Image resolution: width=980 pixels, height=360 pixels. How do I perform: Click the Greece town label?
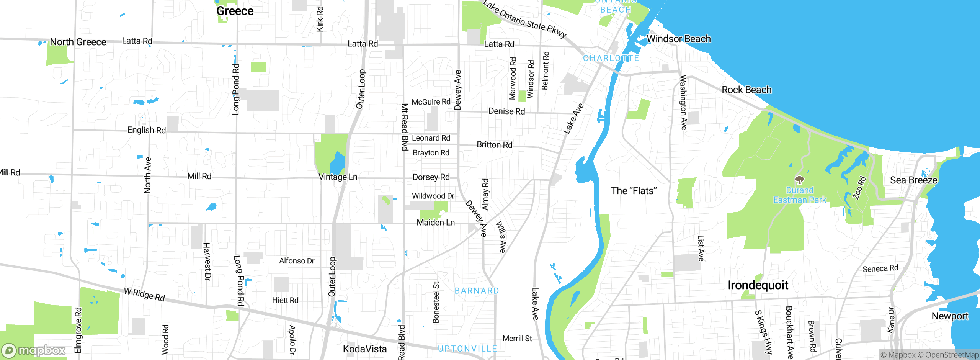(x=235, y=11)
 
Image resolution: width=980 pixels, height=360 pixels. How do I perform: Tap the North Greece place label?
(x=78, y=42)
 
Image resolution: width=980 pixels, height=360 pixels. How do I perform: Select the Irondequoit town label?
(x=758, y=285)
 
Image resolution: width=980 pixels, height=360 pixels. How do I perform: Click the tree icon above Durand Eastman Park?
(x=799, y=180)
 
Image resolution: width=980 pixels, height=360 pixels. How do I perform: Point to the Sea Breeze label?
(x=913, y=180)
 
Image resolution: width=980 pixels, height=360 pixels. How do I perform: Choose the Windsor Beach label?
(x=678, y=39)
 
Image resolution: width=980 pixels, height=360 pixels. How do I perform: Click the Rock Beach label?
(x=746, y=90)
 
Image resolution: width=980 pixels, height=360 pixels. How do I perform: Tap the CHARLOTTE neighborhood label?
(x=611, y=58)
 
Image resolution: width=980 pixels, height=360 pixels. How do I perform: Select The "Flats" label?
(x=634, y=191)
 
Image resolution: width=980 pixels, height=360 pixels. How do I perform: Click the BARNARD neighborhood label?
(x=477, y=291)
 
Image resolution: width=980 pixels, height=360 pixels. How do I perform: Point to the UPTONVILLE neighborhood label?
(x=467, y=349)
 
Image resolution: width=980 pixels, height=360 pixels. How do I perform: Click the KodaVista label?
(x=364, y=349)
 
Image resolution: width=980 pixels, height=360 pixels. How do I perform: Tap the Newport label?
(x=949, y=316)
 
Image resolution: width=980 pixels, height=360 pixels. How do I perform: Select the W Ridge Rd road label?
(x=144, y=294)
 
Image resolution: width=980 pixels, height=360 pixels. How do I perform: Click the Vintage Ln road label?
(x=338, y=177)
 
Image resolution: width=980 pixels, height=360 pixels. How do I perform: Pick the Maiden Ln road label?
(x=435, y=223)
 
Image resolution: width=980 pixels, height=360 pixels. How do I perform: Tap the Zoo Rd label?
(x=859, y=188)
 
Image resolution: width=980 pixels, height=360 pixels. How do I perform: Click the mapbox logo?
(x=34, y=350)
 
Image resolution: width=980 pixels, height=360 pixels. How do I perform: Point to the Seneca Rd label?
(x=880, y=268)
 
